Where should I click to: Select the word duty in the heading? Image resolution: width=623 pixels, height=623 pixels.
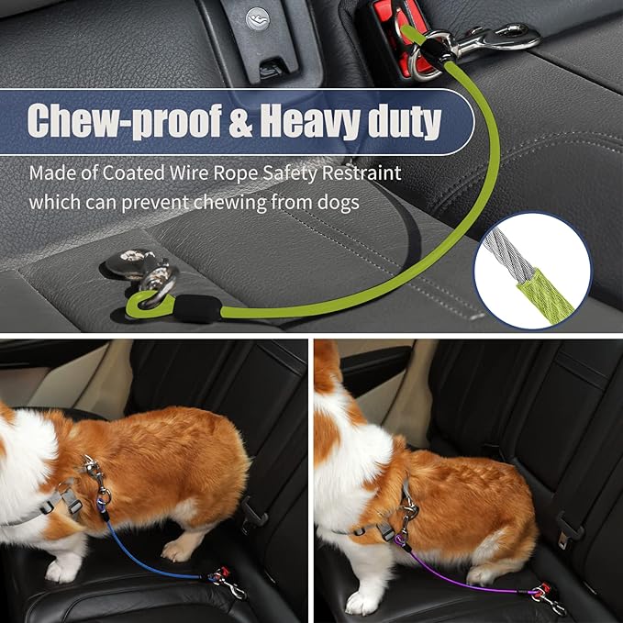pyautogui.click(x=403, y=120)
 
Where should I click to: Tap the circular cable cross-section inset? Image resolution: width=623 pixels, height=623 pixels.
pyautogui.click(x=533, y=266)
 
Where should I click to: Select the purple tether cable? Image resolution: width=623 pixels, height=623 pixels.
pyautogui.click(x=459, y=578)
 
